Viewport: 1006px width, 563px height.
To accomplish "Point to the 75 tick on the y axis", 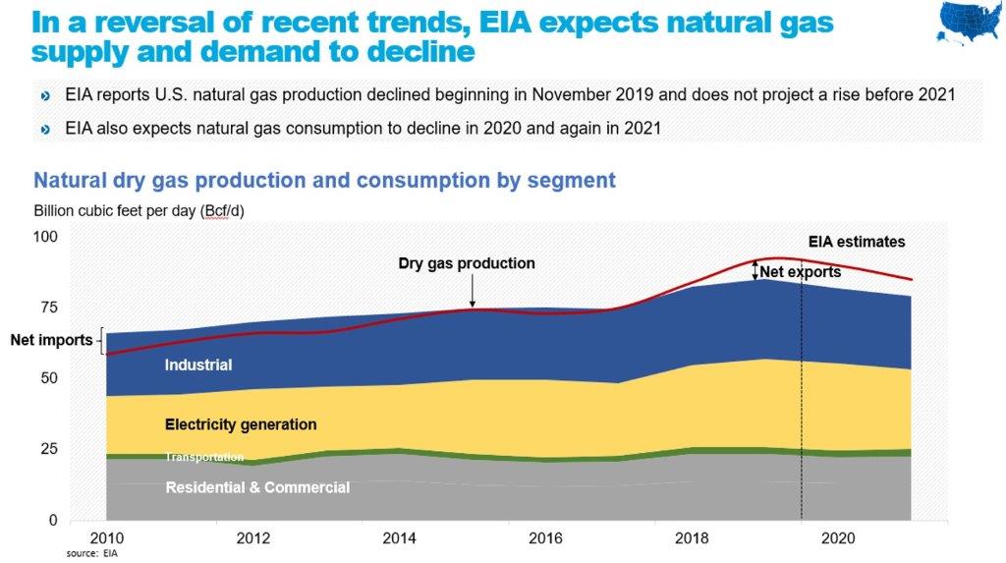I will click(47, 308).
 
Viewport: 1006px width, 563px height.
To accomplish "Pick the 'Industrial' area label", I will click(198, 366).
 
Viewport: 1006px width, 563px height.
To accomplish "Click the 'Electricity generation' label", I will click(241, 424).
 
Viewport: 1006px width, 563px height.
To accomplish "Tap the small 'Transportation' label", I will click(203, 457).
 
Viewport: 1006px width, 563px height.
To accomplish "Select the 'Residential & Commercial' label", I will click(257, 487).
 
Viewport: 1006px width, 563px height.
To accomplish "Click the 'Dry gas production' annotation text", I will click(467, 263).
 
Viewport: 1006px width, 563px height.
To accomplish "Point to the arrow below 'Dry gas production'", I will click(472, 291).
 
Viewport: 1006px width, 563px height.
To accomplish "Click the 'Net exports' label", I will click(801, 272).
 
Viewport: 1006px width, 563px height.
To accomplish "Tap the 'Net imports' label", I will click(51, 341).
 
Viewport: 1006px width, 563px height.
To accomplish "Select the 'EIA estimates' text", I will click(857, 242).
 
